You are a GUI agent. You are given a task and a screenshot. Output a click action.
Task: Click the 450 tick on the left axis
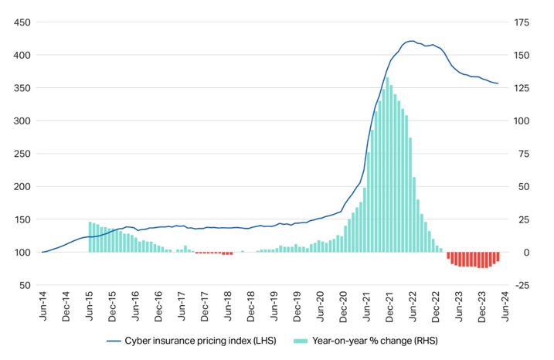[21, 22]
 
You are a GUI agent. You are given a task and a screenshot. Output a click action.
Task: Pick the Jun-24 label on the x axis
[506, 304]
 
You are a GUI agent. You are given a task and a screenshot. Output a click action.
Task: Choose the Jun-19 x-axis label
[274, 304]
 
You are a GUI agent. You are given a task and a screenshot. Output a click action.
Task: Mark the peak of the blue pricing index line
[410, 41]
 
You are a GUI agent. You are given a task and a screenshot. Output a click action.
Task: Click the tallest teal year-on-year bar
[387, 77]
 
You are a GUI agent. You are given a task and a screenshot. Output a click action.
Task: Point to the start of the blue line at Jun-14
[42, 252]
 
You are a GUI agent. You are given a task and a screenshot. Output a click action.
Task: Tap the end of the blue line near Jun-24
[498, 83]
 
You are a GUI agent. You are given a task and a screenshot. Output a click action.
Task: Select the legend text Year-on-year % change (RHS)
[372, 340]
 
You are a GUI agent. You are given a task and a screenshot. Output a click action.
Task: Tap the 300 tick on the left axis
[21, 121]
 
